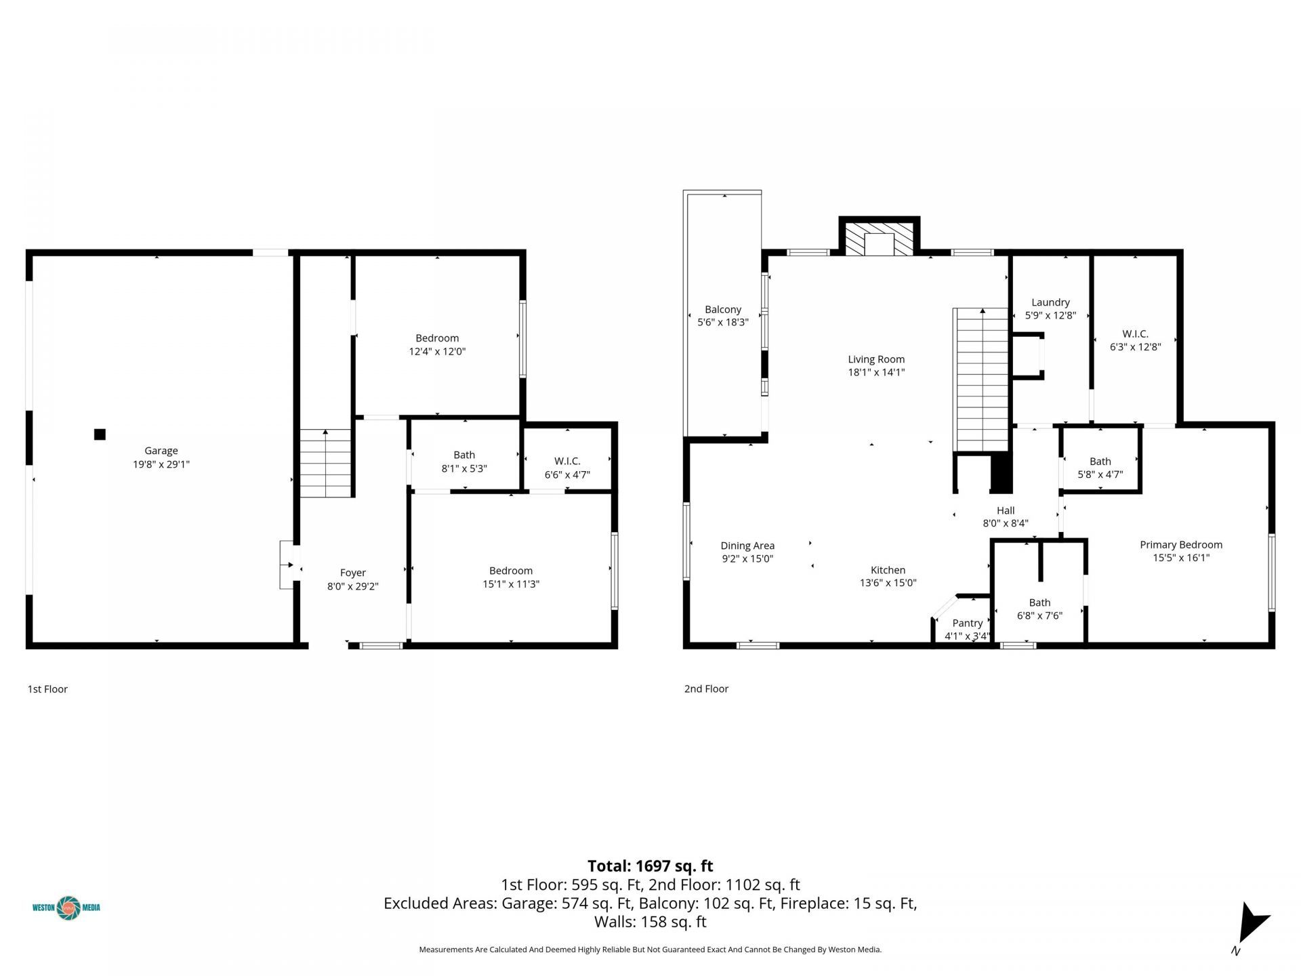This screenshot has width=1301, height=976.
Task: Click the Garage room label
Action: (x=161, y=451)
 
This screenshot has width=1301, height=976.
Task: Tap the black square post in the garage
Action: (x=100, y=434)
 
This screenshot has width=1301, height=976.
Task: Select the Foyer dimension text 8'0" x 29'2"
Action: (x=352, y=586)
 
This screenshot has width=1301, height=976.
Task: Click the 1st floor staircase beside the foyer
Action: (x=326, y=464)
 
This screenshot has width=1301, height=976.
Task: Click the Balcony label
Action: (x=723, y=310)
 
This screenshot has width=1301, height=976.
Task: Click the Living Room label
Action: (x=876, y=360)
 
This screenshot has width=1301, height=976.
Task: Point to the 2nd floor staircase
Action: (x=981, y=380)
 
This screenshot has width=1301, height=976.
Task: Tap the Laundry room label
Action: (x=1050, y=303)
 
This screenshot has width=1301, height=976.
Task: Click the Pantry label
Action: (x=967, y=623)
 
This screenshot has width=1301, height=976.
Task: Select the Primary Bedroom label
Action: (x=1180, y=545)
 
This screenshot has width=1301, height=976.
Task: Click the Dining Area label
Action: (x=747, y=546)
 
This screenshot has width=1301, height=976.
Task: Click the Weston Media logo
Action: (x=66, y=908)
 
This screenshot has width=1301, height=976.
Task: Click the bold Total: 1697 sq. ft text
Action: (x=650, y=866)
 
